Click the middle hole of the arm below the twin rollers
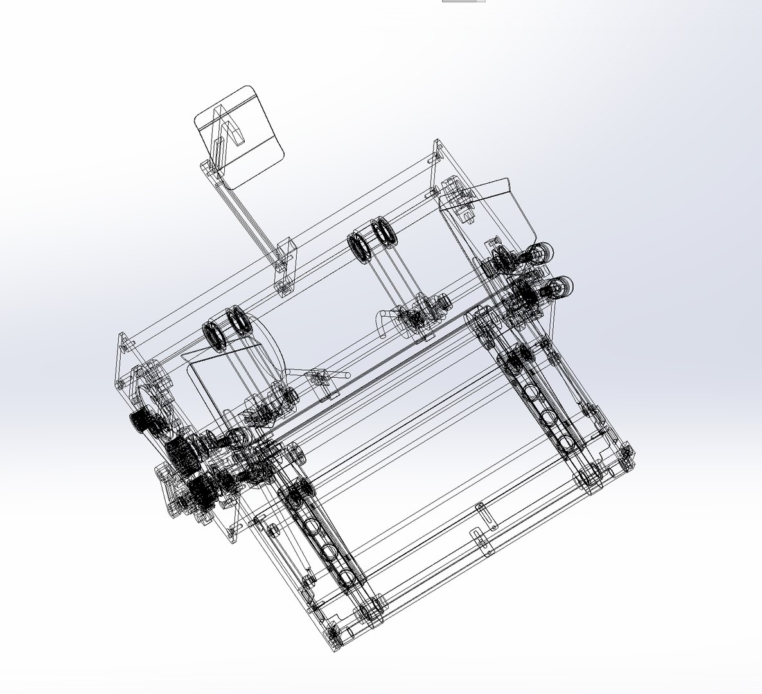tap(547, 418)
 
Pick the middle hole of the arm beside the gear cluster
tap(329, 551)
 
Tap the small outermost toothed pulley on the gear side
tap(139, 422)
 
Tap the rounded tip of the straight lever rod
tap(348, 374)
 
